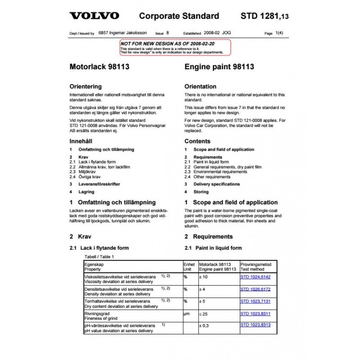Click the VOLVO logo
(94, 16)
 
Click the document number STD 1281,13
(265, 17)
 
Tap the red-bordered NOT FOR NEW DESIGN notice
(175, 47)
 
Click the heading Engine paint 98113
(219, 67)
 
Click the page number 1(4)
(279, 33)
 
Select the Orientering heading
(85, 86)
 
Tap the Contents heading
(197, 141)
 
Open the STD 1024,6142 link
(256, 277)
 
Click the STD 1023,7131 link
(256, 301)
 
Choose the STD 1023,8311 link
(256, 313)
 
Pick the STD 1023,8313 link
(256, 325)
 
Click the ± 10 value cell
(204, 277)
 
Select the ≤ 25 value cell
(204, 314)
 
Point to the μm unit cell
(187, 314)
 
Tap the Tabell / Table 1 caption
(99, 256)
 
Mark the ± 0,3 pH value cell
(204, 325)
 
